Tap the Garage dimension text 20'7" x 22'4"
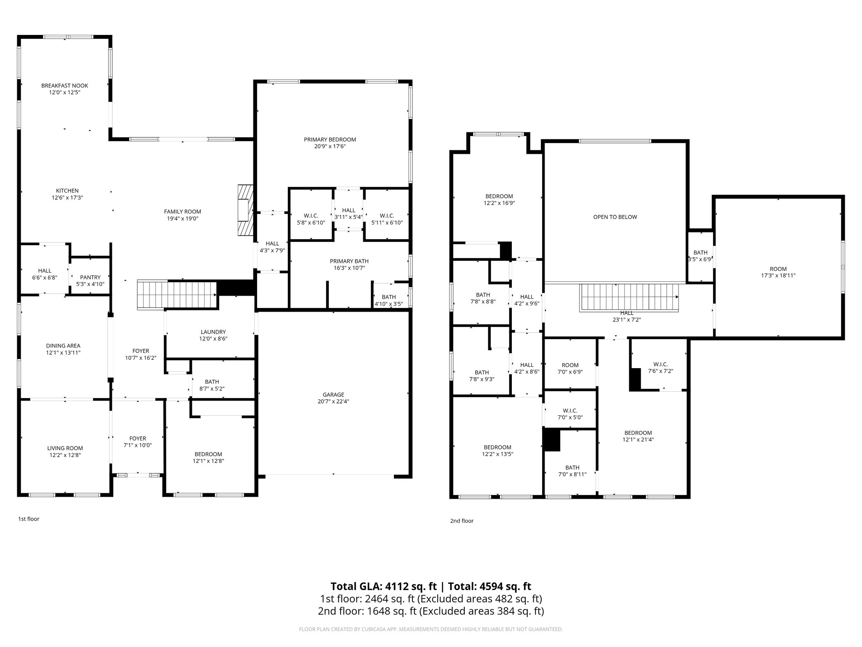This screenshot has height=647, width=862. [333, 401]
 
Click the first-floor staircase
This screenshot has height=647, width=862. [177, 295]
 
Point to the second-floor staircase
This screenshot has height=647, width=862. [629, 297]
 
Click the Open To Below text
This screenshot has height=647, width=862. [615, 217]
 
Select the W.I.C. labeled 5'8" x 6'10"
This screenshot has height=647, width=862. [311, 219]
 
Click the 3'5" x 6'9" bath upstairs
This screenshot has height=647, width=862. [700, 256]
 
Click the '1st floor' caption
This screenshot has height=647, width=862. [29, 519]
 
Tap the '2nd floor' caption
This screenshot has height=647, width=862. [462, 521]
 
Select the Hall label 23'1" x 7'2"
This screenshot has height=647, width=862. [627, 316]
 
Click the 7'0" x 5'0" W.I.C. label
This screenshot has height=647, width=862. [570, 414]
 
